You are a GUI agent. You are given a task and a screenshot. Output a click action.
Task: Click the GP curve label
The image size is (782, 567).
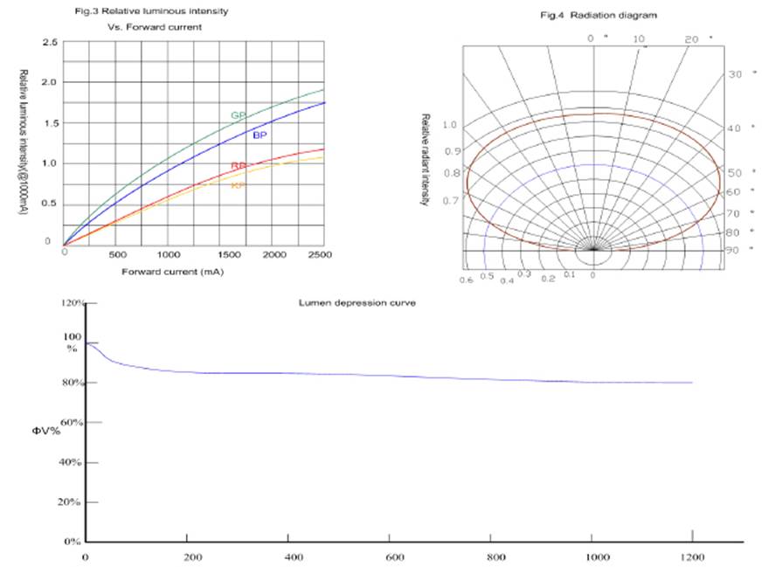238,115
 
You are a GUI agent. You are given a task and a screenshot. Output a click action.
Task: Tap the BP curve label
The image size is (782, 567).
260,135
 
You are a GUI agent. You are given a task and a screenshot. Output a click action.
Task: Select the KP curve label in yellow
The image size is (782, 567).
237,185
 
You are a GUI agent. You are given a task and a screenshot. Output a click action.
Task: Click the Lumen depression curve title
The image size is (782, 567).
356,302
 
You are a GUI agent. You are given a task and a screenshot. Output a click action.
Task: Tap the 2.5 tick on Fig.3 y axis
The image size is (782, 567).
50,42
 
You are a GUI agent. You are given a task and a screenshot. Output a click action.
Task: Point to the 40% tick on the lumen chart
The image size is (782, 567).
70,461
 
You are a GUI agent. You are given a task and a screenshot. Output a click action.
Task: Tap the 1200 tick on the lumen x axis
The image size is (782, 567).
692,557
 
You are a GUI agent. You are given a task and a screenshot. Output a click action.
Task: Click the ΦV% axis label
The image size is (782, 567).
47,431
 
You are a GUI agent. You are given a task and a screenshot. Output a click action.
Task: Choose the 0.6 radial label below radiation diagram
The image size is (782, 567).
466,279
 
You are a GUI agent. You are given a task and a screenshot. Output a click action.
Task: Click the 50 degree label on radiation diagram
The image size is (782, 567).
735,173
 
